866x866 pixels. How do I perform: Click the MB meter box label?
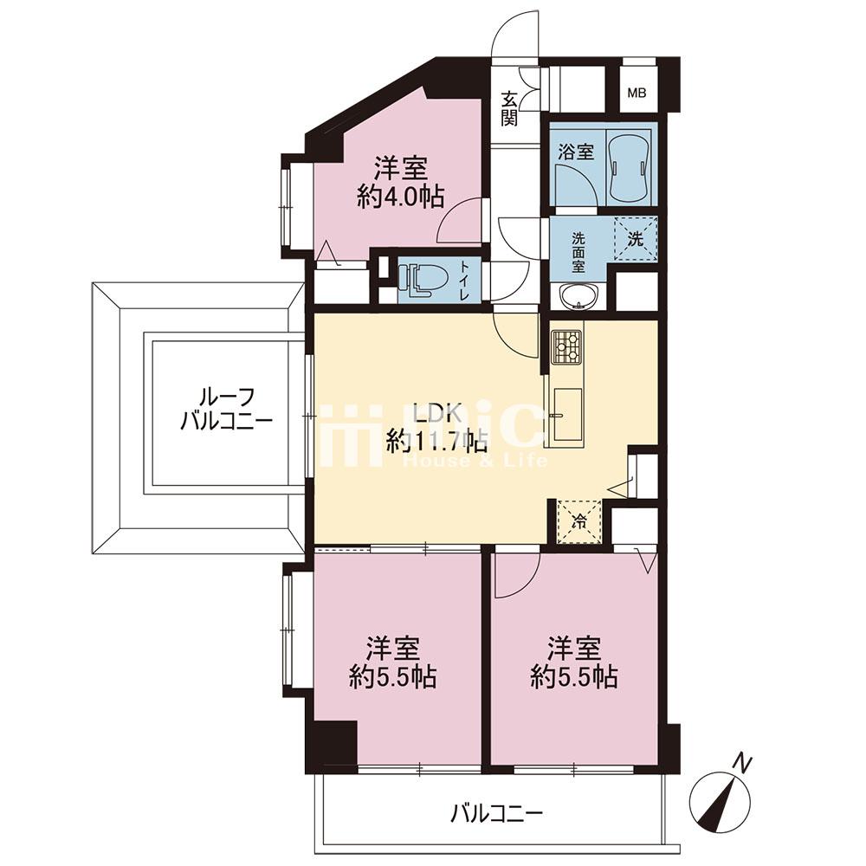637,93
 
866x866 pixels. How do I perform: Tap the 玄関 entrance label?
509,108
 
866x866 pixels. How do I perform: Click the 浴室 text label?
576,152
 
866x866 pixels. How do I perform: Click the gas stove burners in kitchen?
566,346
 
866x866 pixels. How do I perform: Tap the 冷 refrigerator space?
579,521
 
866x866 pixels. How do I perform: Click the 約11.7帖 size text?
436,440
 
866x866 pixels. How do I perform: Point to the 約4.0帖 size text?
400,196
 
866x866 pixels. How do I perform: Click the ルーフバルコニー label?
226,410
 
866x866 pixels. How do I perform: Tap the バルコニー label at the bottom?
497,813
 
